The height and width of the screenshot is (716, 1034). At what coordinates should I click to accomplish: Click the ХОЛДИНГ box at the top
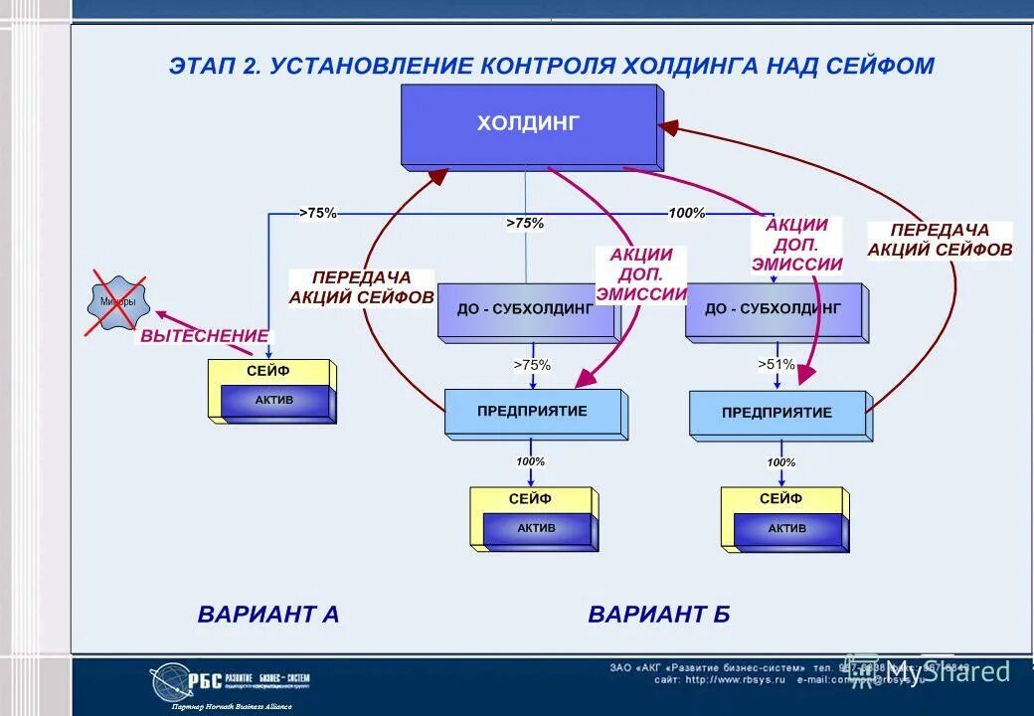pyautogui.click(x=528, y=125)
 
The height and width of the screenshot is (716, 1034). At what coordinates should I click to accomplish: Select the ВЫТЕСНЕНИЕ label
pyautogui.click(x=204, y=336)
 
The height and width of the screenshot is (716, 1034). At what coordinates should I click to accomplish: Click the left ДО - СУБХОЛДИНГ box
pyautogui.click(x=525, y=309)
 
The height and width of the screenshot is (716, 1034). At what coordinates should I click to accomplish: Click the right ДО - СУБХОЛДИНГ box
pyautogui.click(x=774, y=309)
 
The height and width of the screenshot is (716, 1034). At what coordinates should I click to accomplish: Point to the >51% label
pyautogui.click(x=776, y=365)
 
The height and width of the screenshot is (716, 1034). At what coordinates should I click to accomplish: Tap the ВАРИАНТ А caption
pyautogui.click(x=268, y=614)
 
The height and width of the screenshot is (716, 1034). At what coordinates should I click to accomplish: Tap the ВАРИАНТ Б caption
pyautogui.click(x=659, y=614)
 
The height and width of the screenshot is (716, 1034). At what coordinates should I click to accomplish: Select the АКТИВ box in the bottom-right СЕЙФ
pyautogui.click(x=786, y=529)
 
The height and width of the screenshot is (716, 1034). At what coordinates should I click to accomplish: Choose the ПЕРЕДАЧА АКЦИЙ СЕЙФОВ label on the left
pyautogui.click(x=362, y=287)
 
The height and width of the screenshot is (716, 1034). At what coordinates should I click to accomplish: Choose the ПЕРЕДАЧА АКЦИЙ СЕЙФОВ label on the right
pyautogui.click(x=940, y=240)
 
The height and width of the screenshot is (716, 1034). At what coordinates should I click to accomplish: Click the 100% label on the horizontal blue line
pyautogui.click(x=686, y=213)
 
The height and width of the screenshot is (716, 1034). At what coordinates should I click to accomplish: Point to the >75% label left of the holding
pyautogui.click(x=318, y=212)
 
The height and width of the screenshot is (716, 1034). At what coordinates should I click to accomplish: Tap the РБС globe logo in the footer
pyautogui.click(x=170, y=682)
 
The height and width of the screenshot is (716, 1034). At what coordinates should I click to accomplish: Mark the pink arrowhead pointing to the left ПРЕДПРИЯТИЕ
pyautogui.click(x=585, y=379)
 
